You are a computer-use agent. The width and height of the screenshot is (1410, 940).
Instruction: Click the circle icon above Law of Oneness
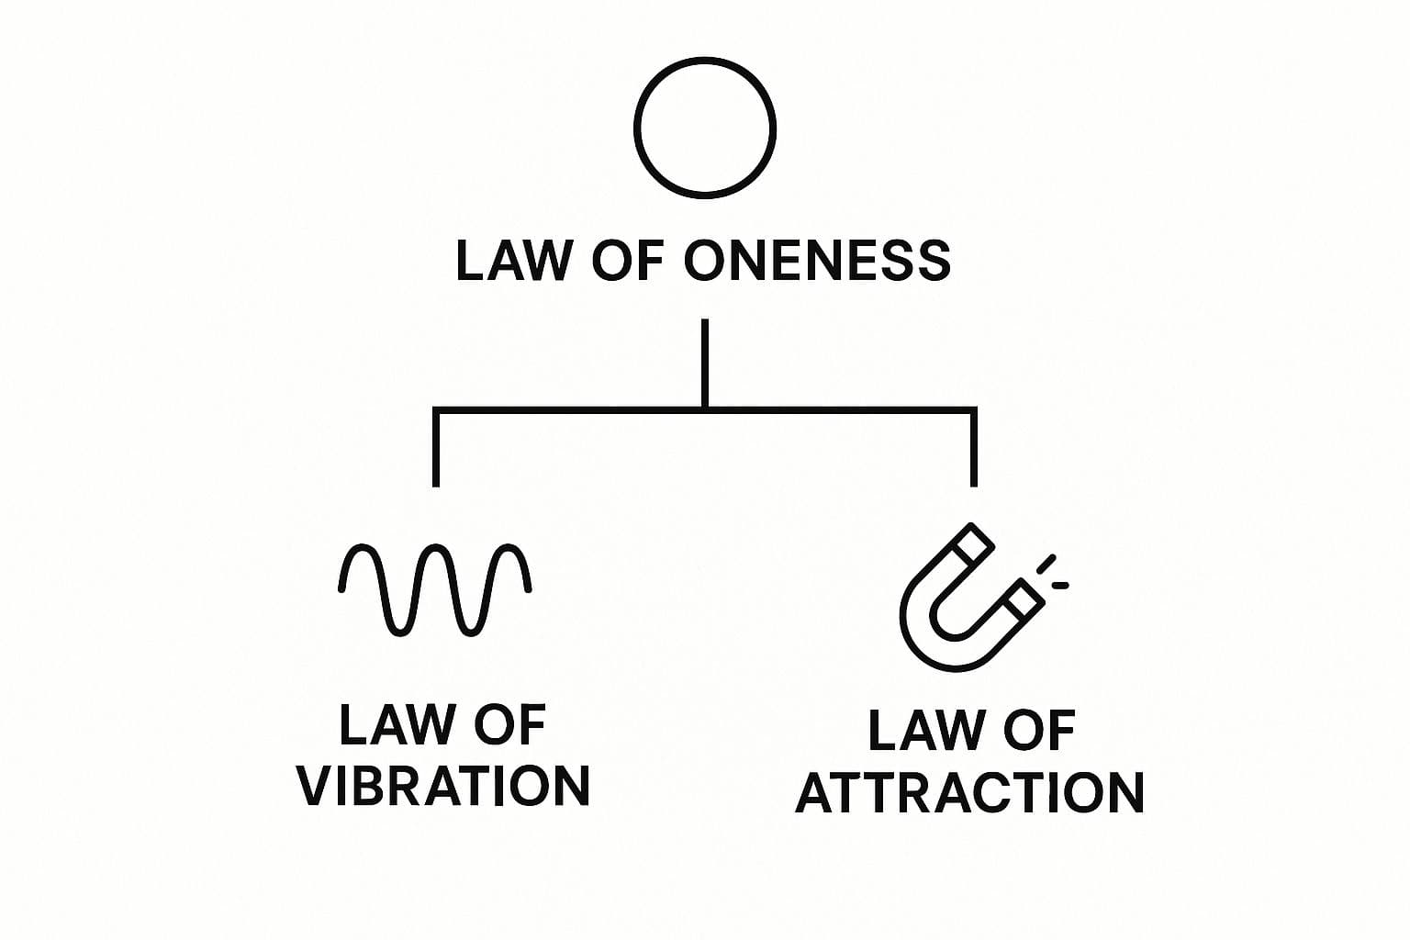click(705, 128)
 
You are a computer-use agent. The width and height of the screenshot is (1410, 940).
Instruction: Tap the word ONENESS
click(818, 261)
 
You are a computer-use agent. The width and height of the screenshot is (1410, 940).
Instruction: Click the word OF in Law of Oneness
click(628, 261)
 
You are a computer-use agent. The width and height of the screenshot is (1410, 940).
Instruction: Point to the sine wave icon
click(435, 590)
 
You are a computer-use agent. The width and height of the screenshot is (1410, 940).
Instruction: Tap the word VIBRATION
click(444, 786)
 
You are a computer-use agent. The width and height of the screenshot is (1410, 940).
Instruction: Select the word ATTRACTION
click(969, 793)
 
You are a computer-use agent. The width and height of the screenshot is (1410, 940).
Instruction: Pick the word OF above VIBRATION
click(510, 725)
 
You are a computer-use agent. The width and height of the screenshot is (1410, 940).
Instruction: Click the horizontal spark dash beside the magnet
click(1060, 585)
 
